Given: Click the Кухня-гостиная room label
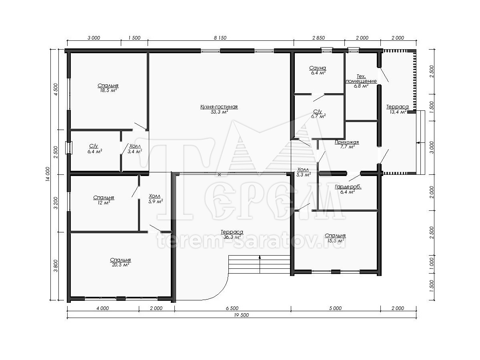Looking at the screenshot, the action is pyautogui.click(x=219, y=107).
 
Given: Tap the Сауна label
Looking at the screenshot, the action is pyautogui.click(x=318, y=68).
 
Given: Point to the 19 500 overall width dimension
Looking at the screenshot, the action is pyautogui.click(x=242, y=315).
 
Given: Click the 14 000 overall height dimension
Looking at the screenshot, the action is pyautogui.click(x=48, y=174).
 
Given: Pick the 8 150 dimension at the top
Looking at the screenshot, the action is pyautogui.click(x=220, y=38).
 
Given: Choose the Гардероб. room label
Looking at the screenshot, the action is pyautogui.click(x=348, y=187).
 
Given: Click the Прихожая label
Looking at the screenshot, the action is pyautogui.click(x=347, y=142).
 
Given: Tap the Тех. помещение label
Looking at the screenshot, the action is pyautogui.click(x=361, y=79).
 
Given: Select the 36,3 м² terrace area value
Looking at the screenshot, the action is pyautogui.click(x=232, y=237).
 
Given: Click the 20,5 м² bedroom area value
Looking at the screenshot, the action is pyautogui.click(x=120, y=265).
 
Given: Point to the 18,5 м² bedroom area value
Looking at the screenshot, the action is pyautogui.click(x=108, y=90).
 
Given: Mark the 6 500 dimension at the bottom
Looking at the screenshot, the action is pyautogui.click(x=232, y=308).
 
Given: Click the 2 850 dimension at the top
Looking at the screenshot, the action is pyautogui.click(x=319, y=38).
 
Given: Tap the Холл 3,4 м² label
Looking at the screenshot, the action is pyautogui.click(x=135, y=149).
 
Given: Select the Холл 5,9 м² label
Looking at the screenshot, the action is pyautogui.click(x=156, y=199).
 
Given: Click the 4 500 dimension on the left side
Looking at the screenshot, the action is pyautogui.click(x=56, y=89).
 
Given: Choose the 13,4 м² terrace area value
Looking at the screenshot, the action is pyautogui.click(x=398, y=112).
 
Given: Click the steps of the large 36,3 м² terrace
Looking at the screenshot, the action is pyautogui.click(x=260, y=264).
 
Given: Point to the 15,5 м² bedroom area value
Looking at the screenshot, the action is pyautogui.click(x=336, y=241).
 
